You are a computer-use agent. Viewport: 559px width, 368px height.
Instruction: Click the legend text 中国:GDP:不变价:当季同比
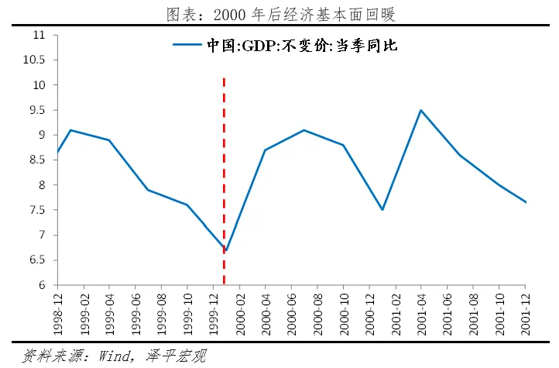click(301, 46)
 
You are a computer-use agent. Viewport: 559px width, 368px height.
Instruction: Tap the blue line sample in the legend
click(187, 46)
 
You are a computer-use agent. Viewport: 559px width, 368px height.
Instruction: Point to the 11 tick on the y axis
click(39, 36)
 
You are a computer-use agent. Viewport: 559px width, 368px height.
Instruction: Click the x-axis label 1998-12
click(57, 312)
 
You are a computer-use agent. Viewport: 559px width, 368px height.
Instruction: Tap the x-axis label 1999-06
click(135, 312)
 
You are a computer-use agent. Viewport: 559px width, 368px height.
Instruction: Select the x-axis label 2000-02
click(240, 312)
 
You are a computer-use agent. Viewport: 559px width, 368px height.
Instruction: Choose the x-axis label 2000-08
click(318, 312)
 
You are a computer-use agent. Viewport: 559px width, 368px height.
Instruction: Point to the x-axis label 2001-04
click(422, 312)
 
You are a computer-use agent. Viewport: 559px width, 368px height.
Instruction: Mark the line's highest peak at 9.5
click(421, 110)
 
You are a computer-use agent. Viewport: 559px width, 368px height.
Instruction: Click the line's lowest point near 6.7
click(226, 251)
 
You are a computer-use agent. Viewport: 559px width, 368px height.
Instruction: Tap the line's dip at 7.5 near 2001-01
click(382, 210)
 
